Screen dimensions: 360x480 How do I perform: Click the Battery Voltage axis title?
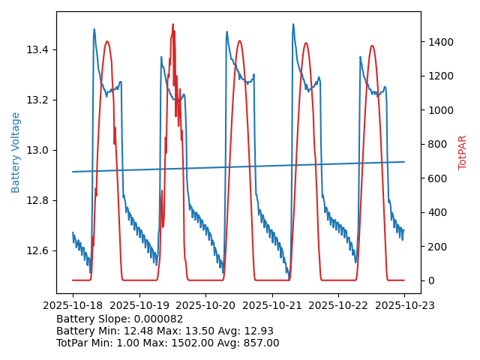point(16,152)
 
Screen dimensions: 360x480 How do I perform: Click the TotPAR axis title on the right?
point(463,152)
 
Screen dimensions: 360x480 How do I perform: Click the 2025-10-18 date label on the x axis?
point(73,305)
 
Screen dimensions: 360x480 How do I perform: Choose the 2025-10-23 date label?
point(404,305)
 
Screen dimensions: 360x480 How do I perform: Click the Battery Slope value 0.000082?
point(159,319)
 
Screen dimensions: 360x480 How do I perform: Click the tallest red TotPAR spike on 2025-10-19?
point(172,25)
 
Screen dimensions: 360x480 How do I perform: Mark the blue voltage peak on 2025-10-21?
point(293,24)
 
